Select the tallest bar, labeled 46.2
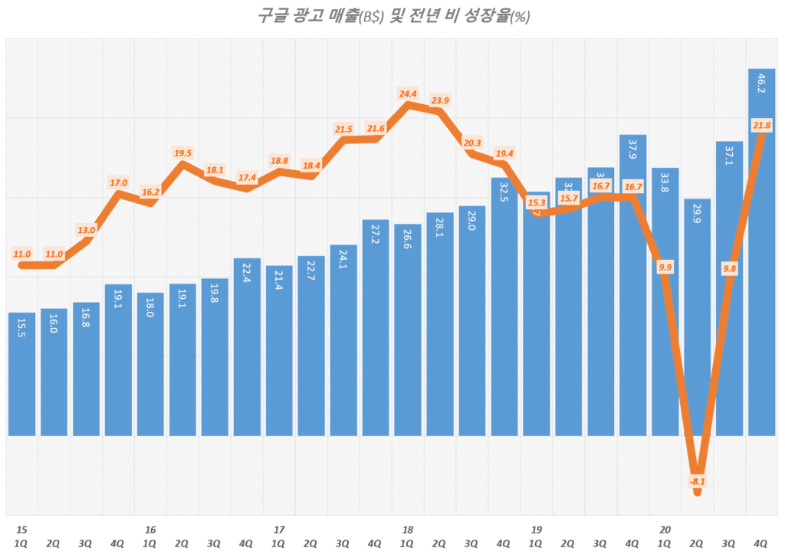761,253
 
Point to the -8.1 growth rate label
697,481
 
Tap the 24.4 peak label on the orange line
408,94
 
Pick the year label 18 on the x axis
408,530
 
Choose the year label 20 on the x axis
665,530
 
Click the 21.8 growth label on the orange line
761,125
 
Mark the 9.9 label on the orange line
665,267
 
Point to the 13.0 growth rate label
86,230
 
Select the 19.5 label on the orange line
182,153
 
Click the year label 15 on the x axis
21,530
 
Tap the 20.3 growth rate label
472,143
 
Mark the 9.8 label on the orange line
729,268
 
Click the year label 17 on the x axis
279,530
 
